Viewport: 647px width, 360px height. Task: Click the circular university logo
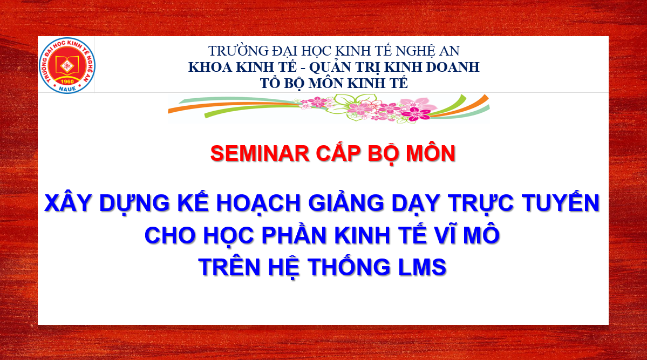click(67, 65)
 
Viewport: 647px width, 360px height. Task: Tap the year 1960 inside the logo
click(67, 81)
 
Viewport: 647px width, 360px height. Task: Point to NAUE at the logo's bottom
click(67, 89)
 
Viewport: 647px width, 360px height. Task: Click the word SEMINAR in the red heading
click(260, 154)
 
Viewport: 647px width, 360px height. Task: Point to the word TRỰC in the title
click(481, 203)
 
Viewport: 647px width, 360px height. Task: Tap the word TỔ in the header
click(270, 83)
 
